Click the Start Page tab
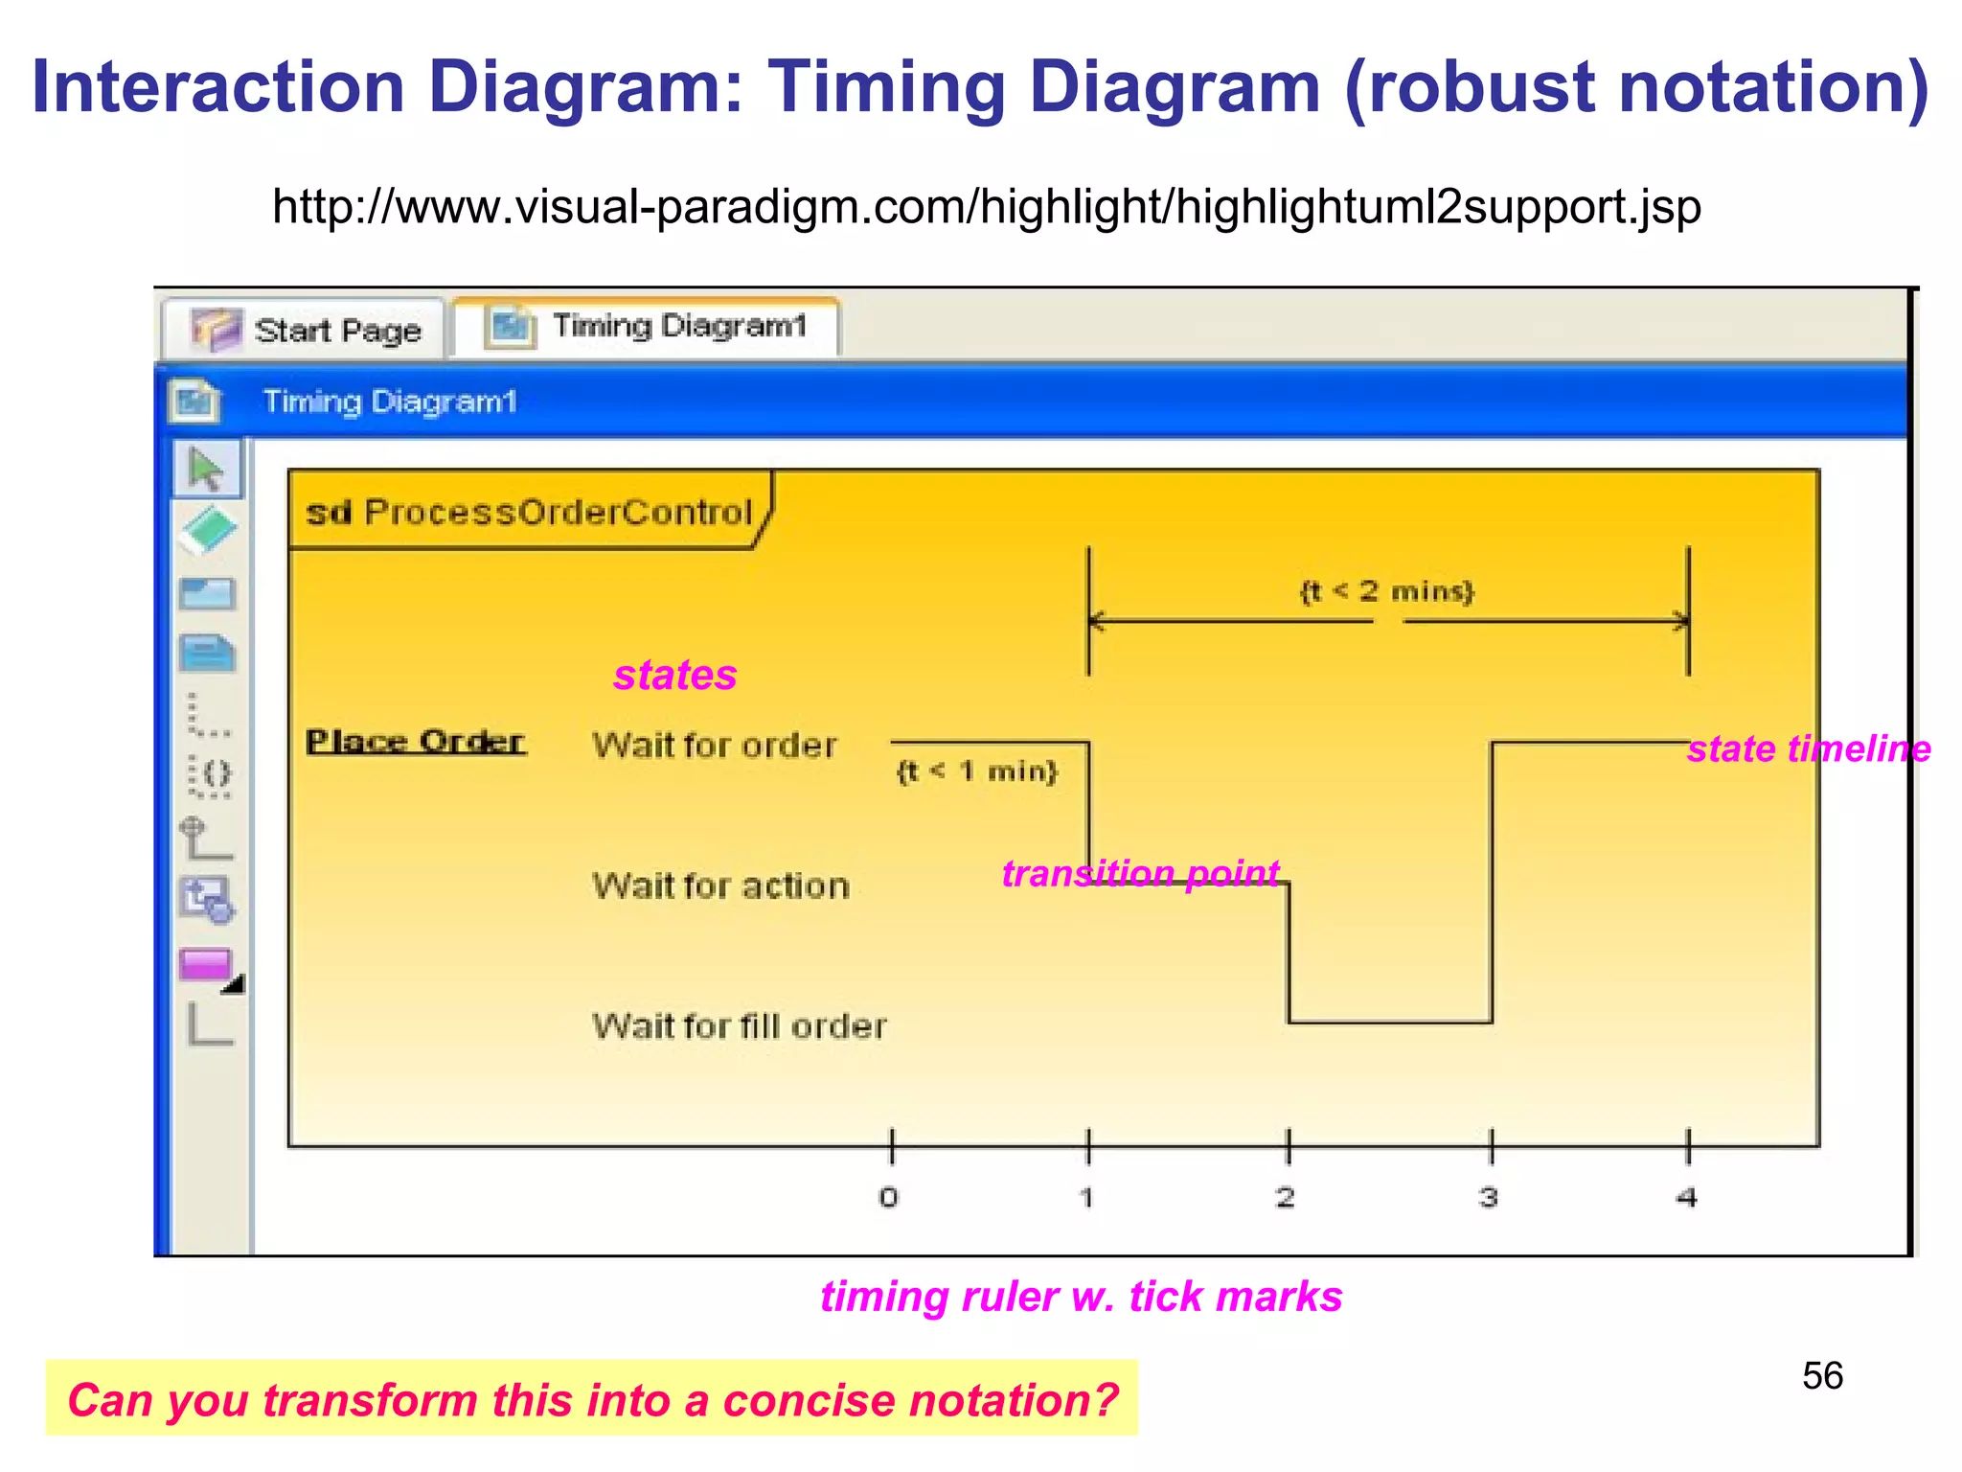pos(305,331)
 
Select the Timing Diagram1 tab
pos(648,327)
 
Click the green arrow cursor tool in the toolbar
pos(207,470)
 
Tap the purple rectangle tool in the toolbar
pos(206,964)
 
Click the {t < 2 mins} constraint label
pos(1386,591)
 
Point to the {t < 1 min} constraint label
pos(977,771)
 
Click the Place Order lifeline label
pos(416,742)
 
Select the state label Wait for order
pos(714,746)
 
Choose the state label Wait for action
pos(720,886)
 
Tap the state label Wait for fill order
pos(740,1027)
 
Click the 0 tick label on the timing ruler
pos(889,1198)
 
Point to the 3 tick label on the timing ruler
pos(1489,1198)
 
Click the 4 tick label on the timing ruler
pos(1687,1198)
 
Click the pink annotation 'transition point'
pos(1140,874)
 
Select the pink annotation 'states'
pos(675,676)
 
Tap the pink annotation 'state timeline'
pos(1809,749)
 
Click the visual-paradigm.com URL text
pos(987,207)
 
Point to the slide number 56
pos(1822,1376)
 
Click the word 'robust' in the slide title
pos(1482,88)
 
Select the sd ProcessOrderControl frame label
pos(529,513)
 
